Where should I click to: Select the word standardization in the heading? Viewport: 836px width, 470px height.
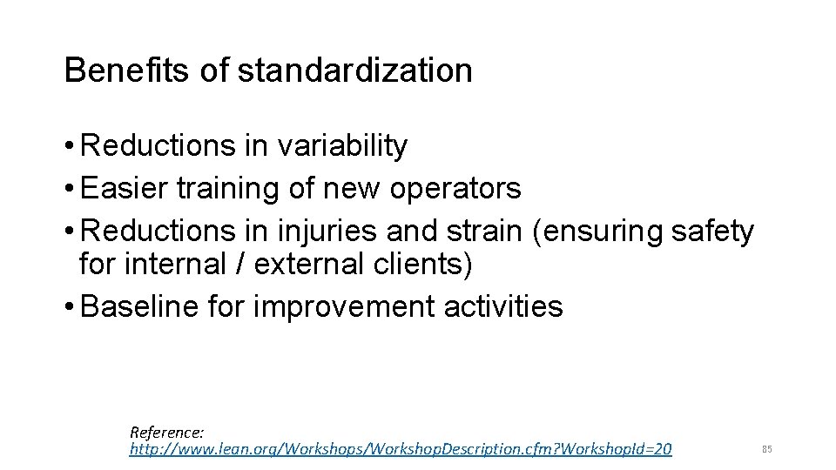(354, 70)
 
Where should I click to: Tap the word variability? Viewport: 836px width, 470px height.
(341, 146)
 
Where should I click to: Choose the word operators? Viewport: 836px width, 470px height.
(455, 188)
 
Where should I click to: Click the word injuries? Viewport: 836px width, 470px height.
(325, 231)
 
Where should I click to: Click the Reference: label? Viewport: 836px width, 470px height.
(167, 431)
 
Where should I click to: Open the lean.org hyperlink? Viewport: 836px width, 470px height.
(401, 449)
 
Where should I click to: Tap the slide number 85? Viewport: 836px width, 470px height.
(767, 449)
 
